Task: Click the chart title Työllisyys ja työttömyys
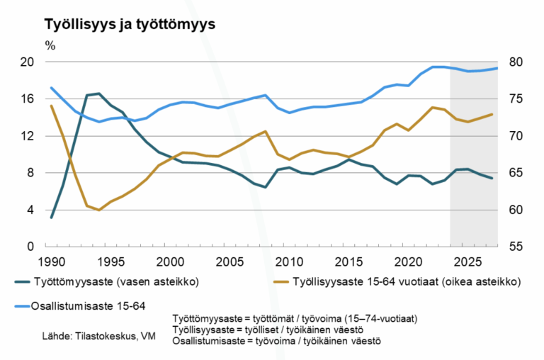[x=129, y=23]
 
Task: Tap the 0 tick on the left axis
[x=31, y=247]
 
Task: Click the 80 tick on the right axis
[x=516, y=62]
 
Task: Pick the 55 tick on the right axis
[x=516, y=247]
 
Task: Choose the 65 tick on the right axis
[x=516, y=173]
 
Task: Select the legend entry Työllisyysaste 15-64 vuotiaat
[x=404, y=281]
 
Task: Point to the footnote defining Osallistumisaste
[x=277, y=341]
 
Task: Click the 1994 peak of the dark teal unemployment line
[x=98, y=94]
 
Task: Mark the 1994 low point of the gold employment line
[x=99, y=210]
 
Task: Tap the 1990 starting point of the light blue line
[x=52, y=88]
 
